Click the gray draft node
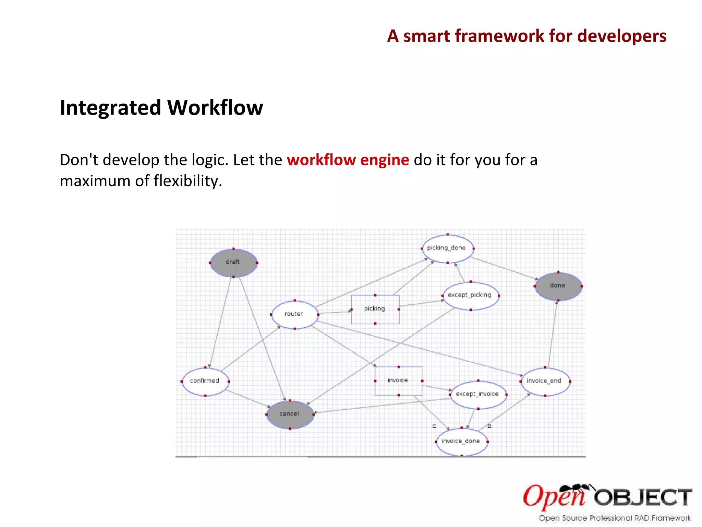point(233,262)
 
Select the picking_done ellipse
point(447,248)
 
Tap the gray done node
point(558,286)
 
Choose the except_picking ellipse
point(470,295)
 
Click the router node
point(294,314)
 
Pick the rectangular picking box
point(375,309)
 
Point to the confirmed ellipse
point(205,381)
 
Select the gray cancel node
point(290,414)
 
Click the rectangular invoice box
point(398,380)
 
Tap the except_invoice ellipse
point(478,394)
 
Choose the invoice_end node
point(545,381)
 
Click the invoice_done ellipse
point(461,441)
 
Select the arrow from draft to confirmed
point(220,323)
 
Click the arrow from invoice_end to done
point(552,335)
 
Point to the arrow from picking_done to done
point(504,268)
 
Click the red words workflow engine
point(348,160)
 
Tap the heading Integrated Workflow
point(161,108)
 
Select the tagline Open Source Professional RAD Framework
point(615,518)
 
